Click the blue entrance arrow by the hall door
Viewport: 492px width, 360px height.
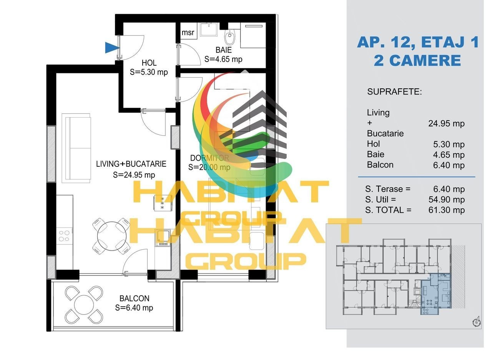111,48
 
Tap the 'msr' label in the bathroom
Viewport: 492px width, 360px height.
188,33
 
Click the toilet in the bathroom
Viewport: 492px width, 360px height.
229,36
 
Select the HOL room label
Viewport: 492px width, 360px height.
149,63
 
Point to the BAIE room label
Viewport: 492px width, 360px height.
224,50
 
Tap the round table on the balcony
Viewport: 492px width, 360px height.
84,305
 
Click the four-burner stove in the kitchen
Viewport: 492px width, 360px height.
64,236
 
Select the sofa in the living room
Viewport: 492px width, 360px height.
76,148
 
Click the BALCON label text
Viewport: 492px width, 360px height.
134,298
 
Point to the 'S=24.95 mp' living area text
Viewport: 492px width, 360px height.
134,175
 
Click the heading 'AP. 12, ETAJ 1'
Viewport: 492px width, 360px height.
418,42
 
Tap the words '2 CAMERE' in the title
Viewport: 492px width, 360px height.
417,60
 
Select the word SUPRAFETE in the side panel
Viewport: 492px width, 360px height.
394,92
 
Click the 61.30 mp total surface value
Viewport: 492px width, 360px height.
447,210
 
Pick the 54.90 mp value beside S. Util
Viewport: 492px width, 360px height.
447,199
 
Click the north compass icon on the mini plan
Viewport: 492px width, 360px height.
476,322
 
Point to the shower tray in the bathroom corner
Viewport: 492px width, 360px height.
253,35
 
